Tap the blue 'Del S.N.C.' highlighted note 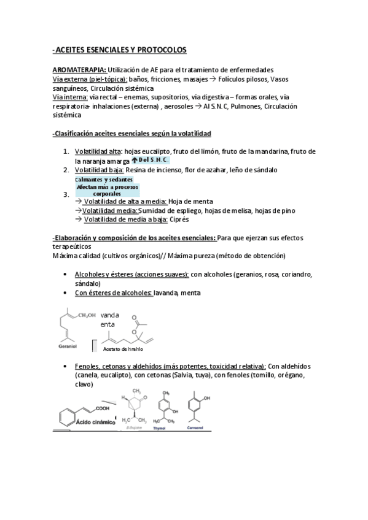click(x=151, y=160)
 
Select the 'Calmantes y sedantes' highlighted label click(x=104, y=179)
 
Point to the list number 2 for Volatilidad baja click(x=66, y=170)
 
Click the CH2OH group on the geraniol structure click(x=87, y=316)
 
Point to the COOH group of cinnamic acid click(x=103, y=409)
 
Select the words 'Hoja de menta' click(x=190, y=201)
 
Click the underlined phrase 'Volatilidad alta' click(x=98, y=151)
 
